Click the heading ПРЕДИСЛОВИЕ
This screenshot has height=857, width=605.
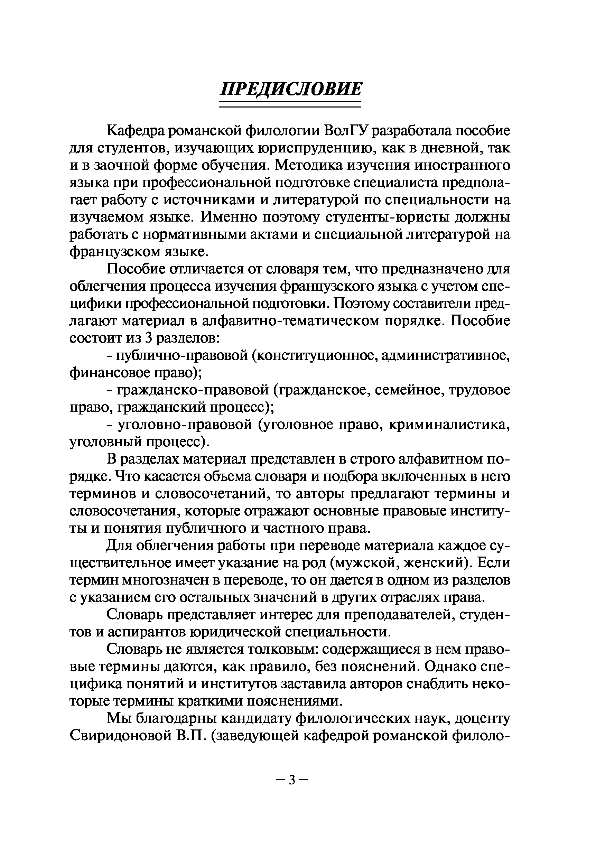click(290, 90)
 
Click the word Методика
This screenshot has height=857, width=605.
click(308, 165)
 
